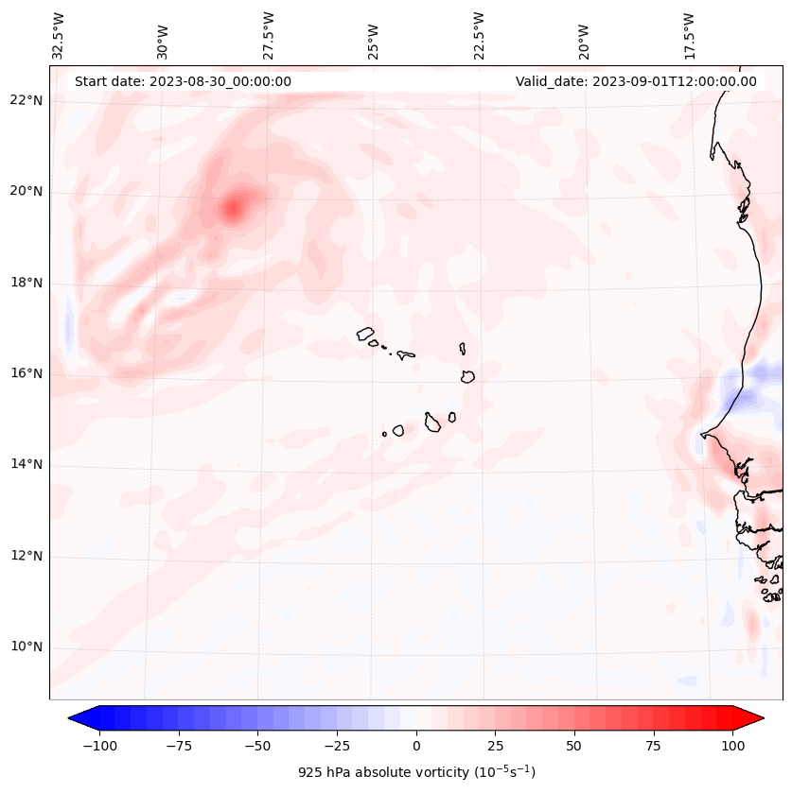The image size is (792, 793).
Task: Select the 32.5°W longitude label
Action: [x=59, y=36]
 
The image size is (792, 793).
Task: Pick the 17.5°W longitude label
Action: [x=689, y=36]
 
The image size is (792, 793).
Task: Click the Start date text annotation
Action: [x=183, y=81]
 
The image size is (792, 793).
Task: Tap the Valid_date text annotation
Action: [x=636, y=81]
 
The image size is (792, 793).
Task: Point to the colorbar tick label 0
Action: [x=416, y=746]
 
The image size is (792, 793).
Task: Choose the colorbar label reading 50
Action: [x=574, y=746]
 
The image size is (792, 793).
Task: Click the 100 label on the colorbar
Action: [x=732, y=746]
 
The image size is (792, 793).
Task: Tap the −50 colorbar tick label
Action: [x=257, y=746]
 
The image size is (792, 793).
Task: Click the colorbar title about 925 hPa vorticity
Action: [x=416, y=772]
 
